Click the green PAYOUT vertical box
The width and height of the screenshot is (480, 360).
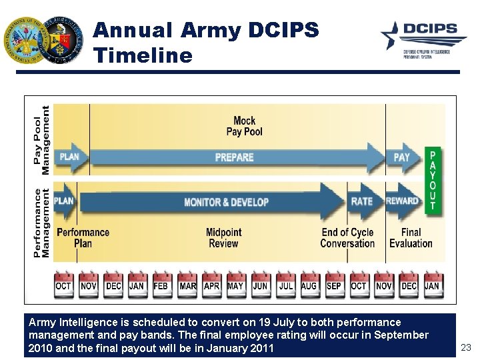click(x=433, y=180)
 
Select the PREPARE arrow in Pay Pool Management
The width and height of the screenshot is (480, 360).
click(x=235, y=157)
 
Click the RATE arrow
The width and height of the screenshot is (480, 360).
click(x=363, y=201)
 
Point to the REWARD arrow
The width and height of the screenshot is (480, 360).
click(x=403, y=201)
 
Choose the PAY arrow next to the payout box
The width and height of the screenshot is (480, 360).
click(x=402, y=157)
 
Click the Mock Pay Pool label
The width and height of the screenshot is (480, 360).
click(x=244, y=126)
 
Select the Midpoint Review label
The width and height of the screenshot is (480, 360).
click(x=223, y=238)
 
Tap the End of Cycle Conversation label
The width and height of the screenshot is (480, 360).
click(x=347, y=238)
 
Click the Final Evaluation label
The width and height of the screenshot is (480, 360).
click(x=411, y=238)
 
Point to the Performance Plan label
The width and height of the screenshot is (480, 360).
click(x=83, y=238)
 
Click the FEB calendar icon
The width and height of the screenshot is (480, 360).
click(x=161, y=285)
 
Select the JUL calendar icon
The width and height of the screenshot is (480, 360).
click(x=285, y=285)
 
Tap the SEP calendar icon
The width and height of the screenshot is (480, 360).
click(x=334, y=285)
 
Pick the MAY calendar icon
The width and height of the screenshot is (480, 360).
click(x=235, y=285)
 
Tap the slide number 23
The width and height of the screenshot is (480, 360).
click(x=465, y=347)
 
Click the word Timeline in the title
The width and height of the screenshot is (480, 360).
click(x=143, y=55)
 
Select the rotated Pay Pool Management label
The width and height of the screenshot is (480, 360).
click(x=41, y=140)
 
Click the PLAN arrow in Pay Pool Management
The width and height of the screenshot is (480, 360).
click(x=70, y=157)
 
